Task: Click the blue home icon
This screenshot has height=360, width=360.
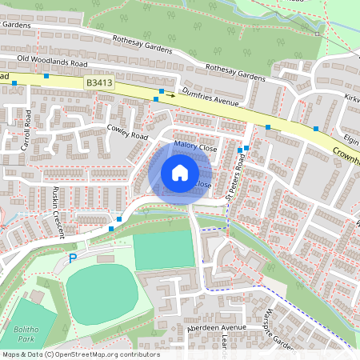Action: coord(180,172)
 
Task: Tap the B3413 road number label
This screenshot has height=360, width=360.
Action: coord(98,82)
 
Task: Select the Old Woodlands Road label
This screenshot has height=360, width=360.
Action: coord(53,60)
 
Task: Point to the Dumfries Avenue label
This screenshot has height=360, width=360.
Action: coord(211,101)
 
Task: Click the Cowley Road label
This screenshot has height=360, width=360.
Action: coord(129,131)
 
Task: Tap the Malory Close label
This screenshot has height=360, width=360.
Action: coord(195,147)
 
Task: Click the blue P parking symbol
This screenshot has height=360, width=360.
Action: coord(73,258)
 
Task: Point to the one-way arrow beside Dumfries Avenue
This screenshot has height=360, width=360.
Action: coord(170,94)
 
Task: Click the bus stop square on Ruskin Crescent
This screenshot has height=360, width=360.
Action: coord(120,218)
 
